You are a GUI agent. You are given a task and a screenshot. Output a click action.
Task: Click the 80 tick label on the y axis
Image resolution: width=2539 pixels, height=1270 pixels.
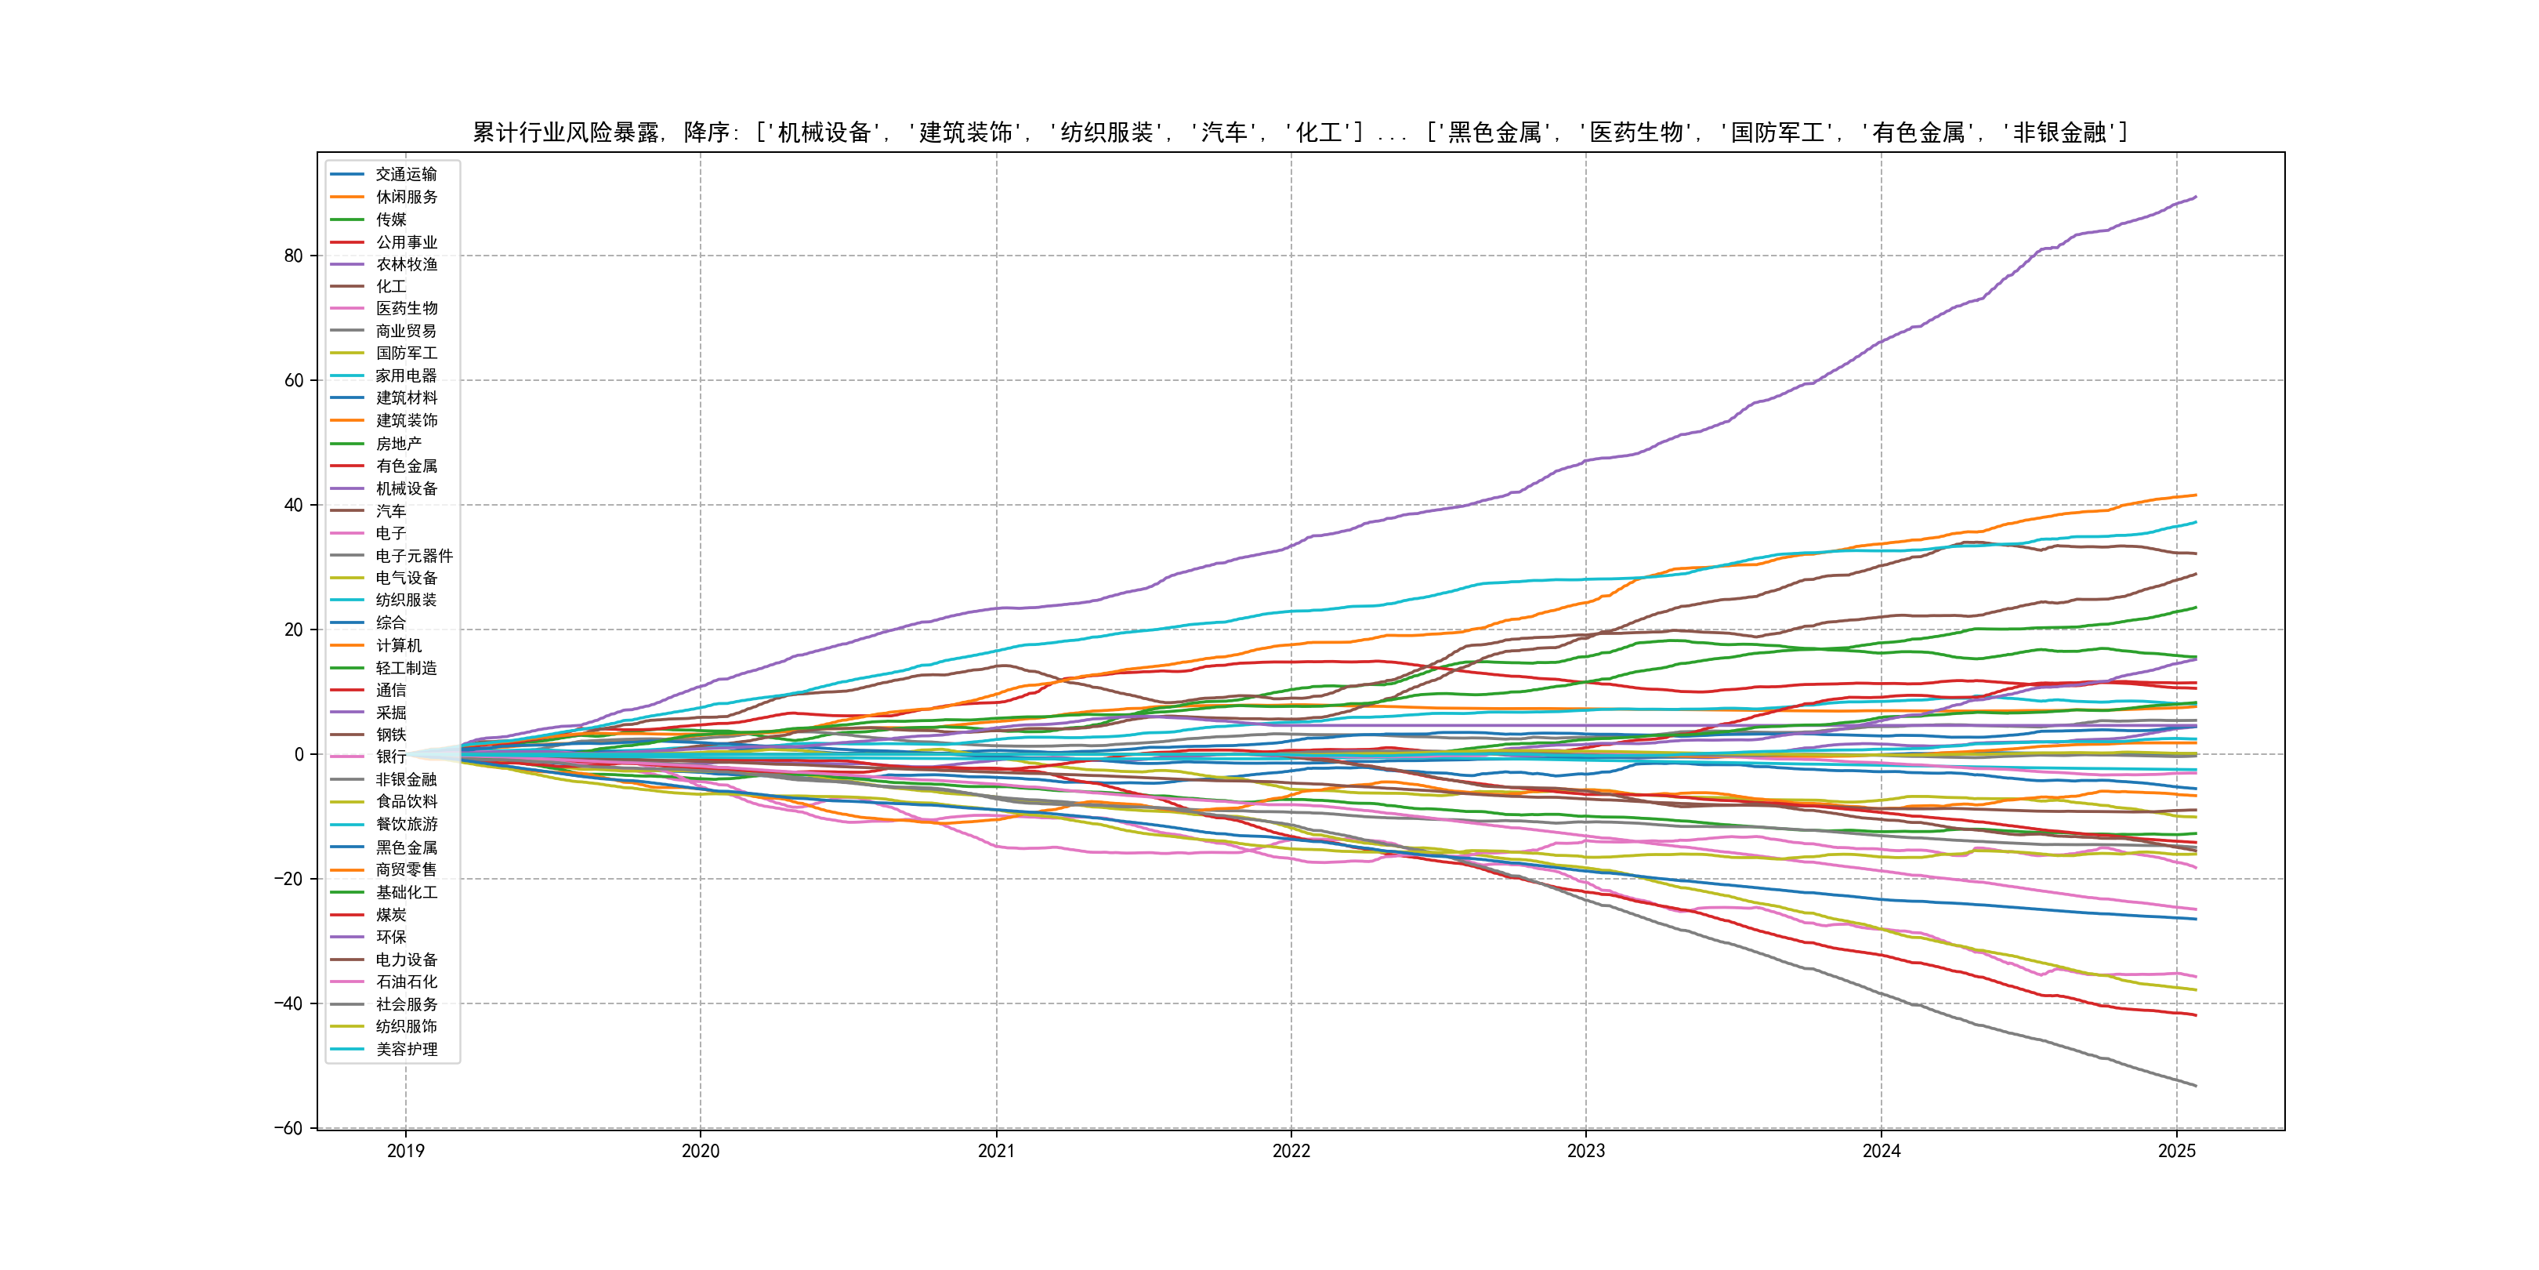293,256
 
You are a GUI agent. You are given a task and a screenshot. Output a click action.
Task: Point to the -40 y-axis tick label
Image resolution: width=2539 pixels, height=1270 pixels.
288,1003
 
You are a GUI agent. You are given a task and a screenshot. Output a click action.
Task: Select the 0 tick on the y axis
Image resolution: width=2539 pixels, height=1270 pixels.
299,754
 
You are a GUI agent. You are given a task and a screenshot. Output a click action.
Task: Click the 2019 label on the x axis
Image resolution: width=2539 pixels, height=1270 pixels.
405,1151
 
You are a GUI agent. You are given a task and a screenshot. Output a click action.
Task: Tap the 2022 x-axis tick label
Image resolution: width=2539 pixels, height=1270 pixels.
1291,1151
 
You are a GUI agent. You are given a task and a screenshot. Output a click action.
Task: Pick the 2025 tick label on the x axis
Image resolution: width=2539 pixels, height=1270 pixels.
2176,1151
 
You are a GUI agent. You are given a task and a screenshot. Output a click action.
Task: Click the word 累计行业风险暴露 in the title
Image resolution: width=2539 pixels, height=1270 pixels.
566,132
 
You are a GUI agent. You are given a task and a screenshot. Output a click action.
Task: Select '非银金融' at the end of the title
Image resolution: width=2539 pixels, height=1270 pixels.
2060,132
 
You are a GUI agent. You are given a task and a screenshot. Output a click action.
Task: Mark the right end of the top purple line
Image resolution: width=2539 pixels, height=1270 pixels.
2196,198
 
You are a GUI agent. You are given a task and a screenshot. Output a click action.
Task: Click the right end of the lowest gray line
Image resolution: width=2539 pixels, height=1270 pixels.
2196,1086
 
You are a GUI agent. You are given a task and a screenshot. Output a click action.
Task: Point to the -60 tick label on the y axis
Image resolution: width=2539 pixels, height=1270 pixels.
288,1128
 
